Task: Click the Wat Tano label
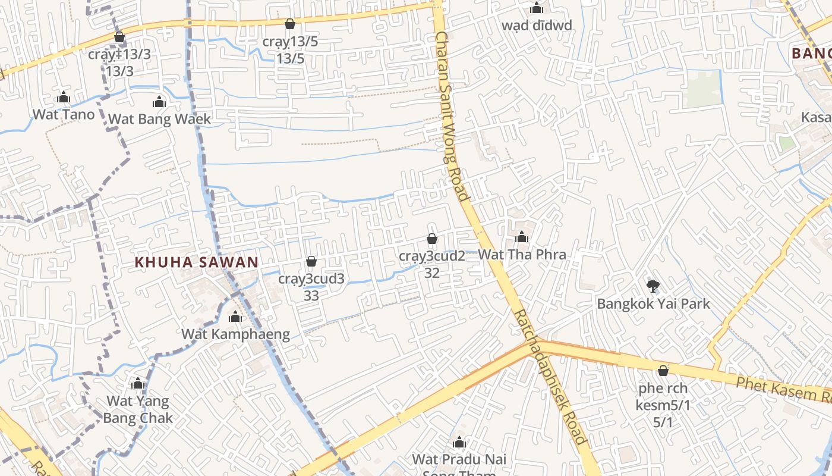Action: [64, 114]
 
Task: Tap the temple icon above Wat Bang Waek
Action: [159, 102]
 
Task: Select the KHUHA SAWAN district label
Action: [197, 262]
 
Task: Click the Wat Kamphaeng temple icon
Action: [235, 317]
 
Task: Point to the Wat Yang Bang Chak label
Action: [138, 409]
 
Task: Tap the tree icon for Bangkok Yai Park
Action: [653, 286]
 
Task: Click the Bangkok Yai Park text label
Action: [653, 304]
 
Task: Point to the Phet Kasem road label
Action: [783, 390]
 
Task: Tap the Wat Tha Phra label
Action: [522, 255]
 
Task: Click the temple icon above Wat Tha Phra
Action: [522, 237]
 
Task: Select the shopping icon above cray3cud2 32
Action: [432, 239]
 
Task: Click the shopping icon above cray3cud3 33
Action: [311, 262]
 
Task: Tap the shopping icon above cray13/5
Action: [290, 24]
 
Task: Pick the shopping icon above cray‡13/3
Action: [119, 37]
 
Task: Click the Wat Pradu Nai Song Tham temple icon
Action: [459, 443]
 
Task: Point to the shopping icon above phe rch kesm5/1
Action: [663, 371]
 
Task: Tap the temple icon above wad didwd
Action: [537, 8]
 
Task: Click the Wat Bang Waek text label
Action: [159, 119]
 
